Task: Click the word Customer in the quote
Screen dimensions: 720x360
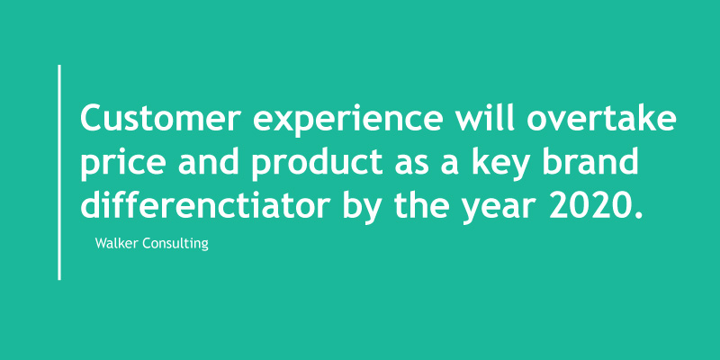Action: coord(161,118)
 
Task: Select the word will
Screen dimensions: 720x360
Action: coord(485,116)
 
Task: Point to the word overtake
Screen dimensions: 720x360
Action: coord(601,117)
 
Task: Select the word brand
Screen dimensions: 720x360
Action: coord(589,161)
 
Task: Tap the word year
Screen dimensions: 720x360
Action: coord(499,209)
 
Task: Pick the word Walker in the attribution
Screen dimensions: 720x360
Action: coord(117,243)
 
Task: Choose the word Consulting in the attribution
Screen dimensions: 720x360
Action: coord(175,244)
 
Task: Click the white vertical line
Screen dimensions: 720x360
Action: coord(59,172)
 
